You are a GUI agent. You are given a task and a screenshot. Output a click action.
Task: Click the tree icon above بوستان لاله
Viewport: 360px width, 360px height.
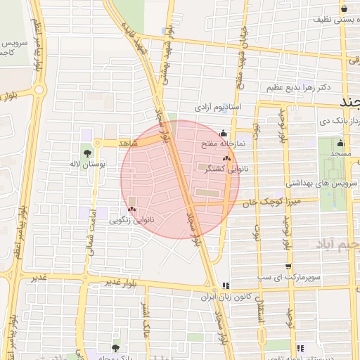(87, 153)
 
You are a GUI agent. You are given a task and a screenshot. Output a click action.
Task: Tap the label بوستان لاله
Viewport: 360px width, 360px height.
(88, 164)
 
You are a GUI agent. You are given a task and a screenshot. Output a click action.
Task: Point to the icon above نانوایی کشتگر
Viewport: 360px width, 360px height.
(226, 160)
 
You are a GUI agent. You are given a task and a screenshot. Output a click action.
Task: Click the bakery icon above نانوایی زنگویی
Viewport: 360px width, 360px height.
(132, 210)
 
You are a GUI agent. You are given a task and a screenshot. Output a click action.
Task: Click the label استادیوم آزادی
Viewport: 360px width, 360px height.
(219, 108)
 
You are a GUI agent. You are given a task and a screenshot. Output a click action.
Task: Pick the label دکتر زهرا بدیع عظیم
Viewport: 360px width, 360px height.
(298, 88)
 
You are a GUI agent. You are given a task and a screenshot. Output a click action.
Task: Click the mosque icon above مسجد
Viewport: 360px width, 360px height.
(340, 143)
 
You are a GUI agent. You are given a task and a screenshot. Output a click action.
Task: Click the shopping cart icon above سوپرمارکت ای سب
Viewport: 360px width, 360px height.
(288, 266)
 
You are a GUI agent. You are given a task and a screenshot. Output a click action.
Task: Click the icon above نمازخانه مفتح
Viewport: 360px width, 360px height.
(224, 133)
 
